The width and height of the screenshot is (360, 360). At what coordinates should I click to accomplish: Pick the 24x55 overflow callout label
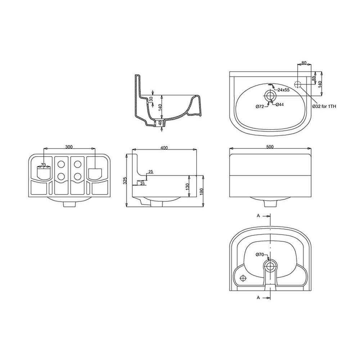tap(283, 90)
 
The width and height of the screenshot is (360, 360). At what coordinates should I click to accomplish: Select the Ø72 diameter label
tap(260, 106)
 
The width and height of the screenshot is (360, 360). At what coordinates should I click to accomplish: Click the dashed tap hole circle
tap(297, 85)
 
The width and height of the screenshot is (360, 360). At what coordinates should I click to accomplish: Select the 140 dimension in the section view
tap(160, 107)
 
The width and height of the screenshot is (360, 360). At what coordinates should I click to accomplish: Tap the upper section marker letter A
tap(258, 216)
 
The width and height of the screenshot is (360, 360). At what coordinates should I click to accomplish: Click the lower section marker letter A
tap(258, 297)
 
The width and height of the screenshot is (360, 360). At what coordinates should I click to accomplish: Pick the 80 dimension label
tap(304, 63)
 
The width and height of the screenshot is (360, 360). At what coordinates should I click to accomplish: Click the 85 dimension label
tap(314, 77)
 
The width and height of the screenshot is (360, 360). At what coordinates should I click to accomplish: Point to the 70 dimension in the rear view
tap(43, 165)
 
